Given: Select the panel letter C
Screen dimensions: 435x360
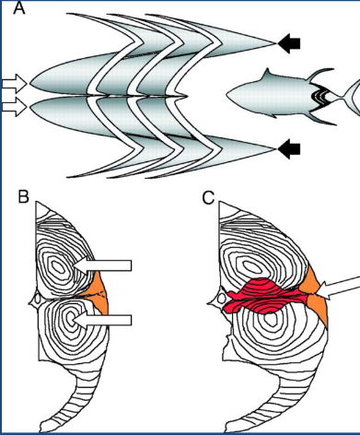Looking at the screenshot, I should [x=209, y=196].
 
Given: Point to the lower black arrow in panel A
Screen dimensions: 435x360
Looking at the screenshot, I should [x=290, y=147].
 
